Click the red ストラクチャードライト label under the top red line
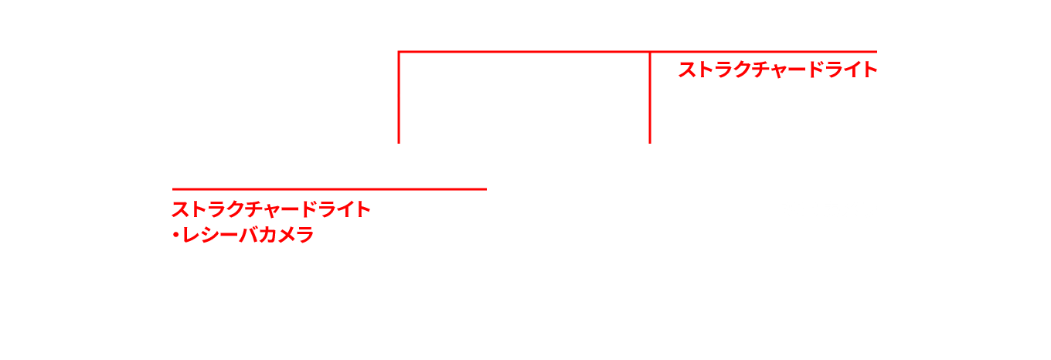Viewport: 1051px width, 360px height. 777,70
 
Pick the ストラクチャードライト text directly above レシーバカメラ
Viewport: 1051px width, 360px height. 271,209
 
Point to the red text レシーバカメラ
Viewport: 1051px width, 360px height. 247,235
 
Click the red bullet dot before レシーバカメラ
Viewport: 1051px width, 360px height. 175,235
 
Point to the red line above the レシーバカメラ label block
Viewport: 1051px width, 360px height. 328,188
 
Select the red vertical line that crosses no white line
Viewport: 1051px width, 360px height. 650,100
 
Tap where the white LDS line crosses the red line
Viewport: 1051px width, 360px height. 398,96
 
